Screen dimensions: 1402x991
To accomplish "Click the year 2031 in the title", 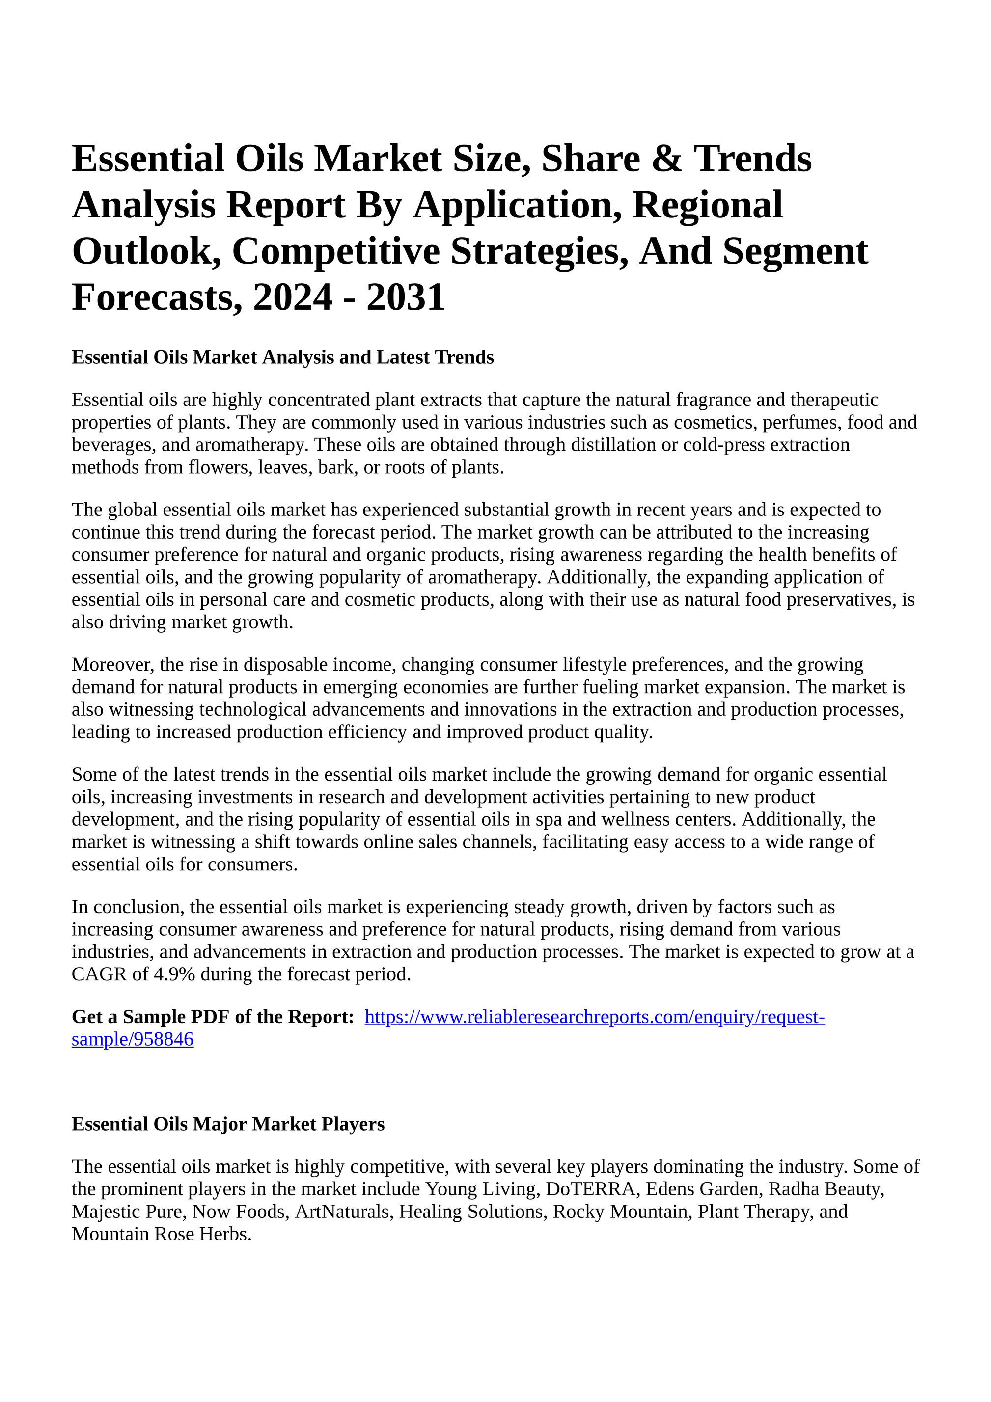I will click(x=406, y=297).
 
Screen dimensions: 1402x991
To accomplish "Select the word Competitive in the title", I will click(x=335, y=251).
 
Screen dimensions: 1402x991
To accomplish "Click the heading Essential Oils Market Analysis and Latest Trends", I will click(x=282, y=357).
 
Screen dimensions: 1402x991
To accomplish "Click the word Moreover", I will click(x=113, y=664).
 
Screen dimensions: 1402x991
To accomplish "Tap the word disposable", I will click(x=281, y=664).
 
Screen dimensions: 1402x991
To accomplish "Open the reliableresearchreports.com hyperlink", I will click(x=595, y=1017).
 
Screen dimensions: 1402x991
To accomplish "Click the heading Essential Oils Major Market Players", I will click(x=228, y=1124).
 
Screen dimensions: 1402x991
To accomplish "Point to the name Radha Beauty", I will click(x=826, y=1189).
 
